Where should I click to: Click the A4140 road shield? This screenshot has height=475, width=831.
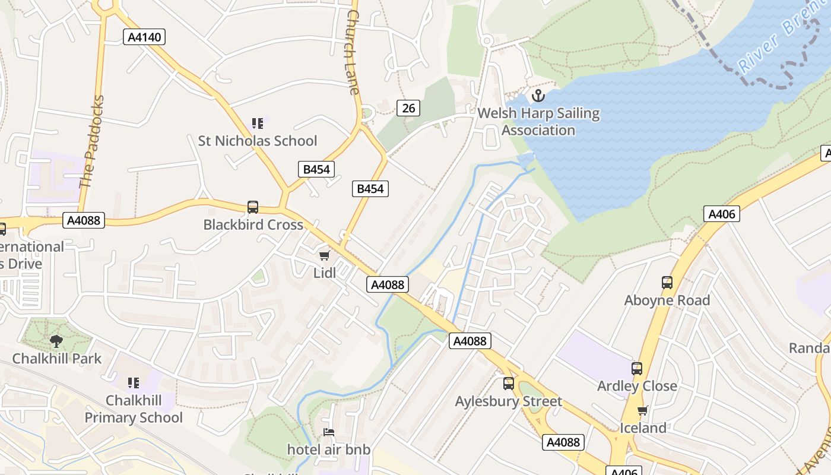144,37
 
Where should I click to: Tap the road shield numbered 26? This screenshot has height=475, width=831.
408,107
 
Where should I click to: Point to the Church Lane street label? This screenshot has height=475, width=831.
353,52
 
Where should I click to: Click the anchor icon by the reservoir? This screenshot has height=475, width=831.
538,95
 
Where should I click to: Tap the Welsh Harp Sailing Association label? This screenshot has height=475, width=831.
538,122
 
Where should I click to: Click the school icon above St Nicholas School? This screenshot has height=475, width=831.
257,123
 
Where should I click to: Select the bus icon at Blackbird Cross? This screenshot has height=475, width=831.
253,207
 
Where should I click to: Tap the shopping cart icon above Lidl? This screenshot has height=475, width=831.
324,256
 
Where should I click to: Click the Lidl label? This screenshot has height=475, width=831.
325,273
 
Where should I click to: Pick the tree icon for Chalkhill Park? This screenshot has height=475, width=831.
56,341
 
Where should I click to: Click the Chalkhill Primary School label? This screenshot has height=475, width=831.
134,409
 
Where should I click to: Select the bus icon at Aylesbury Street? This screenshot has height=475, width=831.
509,384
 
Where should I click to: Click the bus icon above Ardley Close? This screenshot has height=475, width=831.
637,369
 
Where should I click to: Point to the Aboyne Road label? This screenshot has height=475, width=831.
667,300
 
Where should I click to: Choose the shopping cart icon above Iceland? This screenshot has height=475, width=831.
643,410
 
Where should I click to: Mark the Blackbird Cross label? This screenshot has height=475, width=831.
253,225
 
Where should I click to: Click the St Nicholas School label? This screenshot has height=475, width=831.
258,141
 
